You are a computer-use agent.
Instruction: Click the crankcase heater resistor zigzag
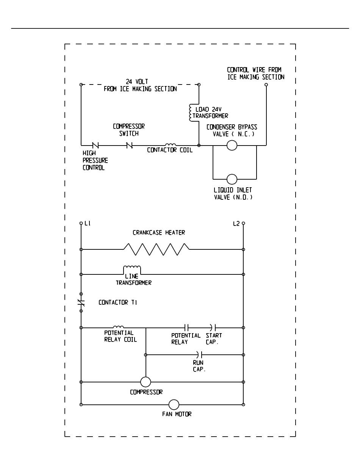(156, 249)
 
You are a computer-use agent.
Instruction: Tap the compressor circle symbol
(146, 382)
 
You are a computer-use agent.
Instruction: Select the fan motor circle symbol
(174, 405)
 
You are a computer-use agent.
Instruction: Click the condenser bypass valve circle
(232, 145)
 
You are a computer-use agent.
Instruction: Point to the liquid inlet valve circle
(232, 179)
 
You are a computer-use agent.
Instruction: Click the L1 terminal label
(88, 224)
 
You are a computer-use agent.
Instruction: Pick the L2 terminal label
(236, 224)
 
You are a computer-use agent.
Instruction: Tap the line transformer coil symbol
(132, 269)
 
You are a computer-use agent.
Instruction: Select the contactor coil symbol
(170, 145)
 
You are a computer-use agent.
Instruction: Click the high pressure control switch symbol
(95, 145)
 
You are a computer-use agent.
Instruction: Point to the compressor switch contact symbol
(130, 145)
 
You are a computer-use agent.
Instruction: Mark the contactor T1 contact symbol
(81, 302)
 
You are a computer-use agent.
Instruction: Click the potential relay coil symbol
(118, 327)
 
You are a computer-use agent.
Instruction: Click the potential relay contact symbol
(186, 327)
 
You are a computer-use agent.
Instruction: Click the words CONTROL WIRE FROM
(254, 70)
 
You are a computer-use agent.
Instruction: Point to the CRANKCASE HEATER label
(159, 233)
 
